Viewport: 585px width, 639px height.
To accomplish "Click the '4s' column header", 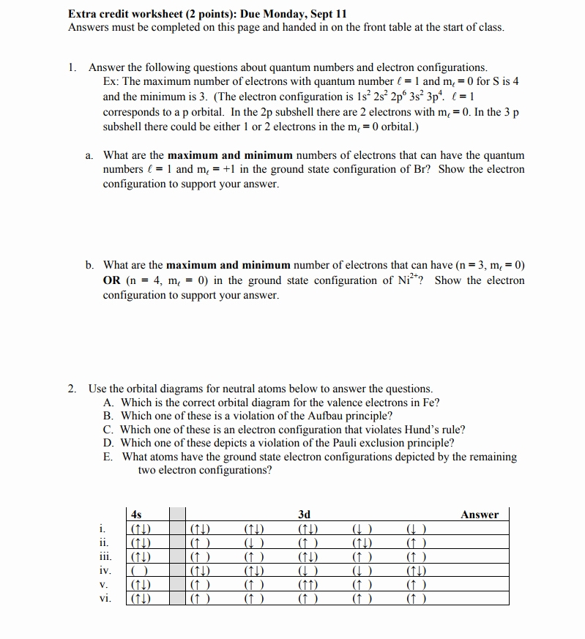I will tap(135, 515).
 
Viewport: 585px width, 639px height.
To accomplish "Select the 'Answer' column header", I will tap(480, 515).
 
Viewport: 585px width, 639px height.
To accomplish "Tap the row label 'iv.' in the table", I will tap(105, 570).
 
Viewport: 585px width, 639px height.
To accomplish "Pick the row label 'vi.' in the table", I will tap(105, 598).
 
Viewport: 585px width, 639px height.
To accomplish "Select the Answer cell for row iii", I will tap(480, 556).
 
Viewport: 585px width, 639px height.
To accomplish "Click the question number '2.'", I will tap(72, 389).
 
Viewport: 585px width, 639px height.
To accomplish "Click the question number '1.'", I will tap(72, 67).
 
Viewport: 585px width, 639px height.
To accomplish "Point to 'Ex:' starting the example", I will tap(111, 81).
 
